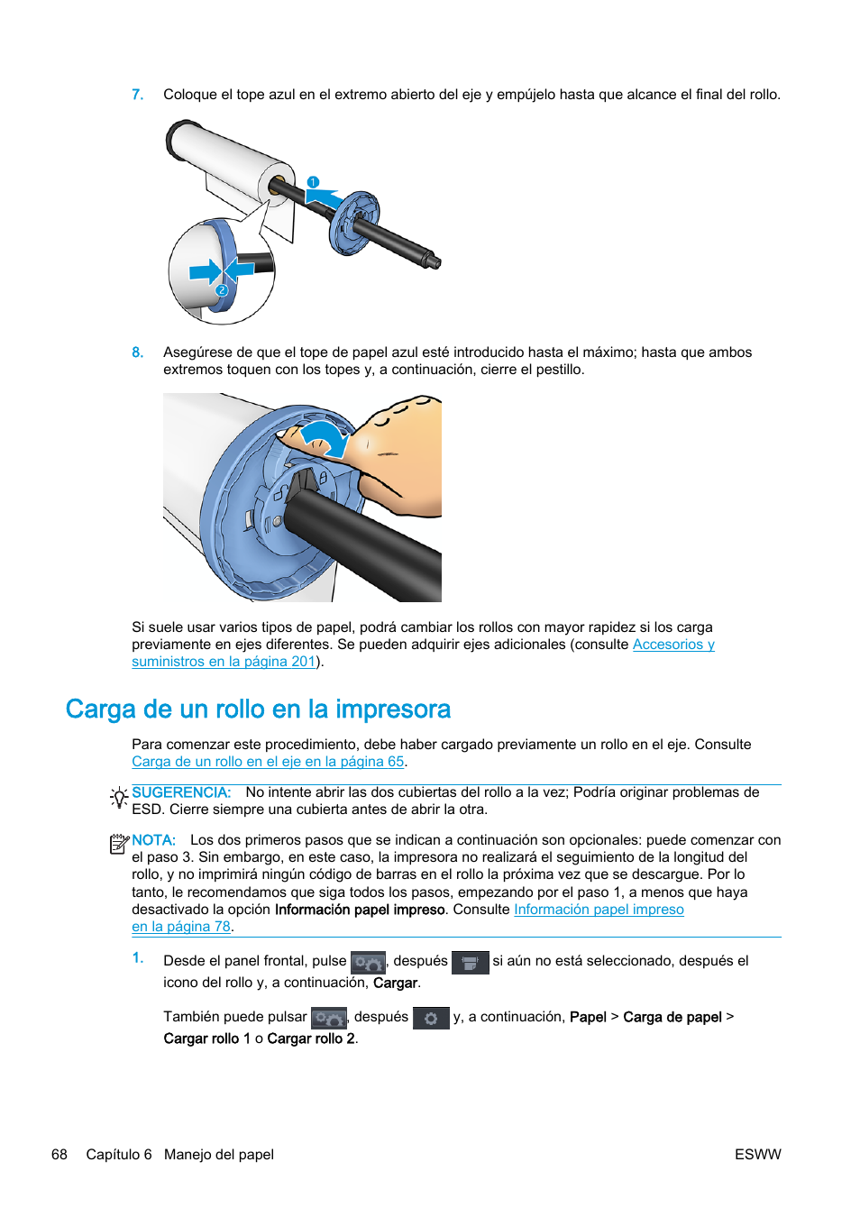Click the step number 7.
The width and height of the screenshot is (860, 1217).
click(137, 95)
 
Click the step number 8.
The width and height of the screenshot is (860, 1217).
click(137, 352)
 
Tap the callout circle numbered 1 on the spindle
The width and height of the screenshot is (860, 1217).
click(313, 182)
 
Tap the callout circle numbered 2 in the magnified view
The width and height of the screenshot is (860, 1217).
click(222, 290)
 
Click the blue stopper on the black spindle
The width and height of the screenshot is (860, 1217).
click(353, 223)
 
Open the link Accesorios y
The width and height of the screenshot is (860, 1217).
click(672, 645)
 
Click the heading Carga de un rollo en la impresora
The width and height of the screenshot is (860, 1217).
click(258, 709)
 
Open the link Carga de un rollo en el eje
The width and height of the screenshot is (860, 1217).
click(268, 762)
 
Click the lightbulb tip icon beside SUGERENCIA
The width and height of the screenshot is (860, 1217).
click(118, 797)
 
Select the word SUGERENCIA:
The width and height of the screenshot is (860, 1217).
click(181, 792)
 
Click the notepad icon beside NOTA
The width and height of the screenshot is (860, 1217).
click(118, 844)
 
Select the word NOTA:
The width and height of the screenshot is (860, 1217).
click(153, 840)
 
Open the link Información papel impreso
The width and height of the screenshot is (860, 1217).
click(599, 910)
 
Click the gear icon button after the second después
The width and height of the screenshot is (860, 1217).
click(431, 1018)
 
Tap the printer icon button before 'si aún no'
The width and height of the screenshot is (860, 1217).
click(470, 963)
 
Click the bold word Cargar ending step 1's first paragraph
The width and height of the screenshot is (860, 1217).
click(396, 984)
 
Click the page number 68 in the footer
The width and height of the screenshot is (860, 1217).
click(59, 1155)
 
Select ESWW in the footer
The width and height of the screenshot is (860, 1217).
click(757, 1155)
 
